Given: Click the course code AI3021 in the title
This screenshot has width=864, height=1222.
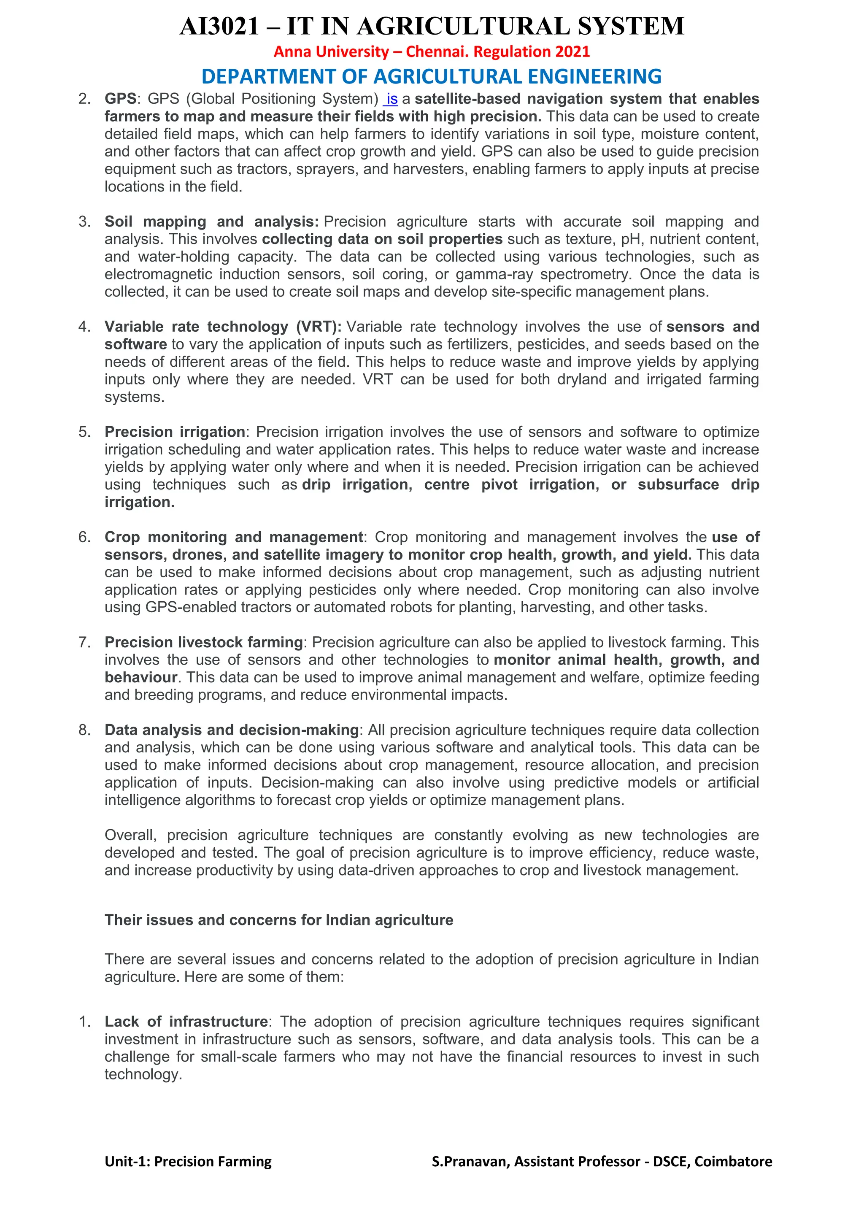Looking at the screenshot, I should click(219, 27).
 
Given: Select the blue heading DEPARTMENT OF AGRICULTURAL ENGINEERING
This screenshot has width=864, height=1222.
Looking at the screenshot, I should click(432, 77).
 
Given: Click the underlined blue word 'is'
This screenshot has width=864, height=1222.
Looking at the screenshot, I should click(392, 99).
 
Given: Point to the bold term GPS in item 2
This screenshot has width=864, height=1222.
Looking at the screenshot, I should click(120, 99).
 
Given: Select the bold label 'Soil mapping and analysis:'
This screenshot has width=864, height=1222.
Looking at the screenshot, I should click(211, 222).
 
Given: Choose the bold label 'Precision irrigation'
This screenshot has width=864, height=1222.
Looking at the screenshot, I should click(175, 432).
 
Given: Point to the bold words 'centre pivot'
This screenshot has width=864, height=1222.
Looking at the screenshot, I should click(470, 484).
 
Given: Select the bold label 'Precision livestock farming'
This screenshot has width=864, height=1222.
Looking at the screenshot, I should click(203, 642).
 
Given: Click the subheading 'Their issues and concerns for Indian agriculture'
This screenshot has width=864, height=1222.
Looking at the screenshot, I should click(279, 920).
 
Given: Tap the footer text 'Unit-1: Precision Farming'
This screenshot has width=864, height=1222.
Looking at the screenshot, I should click(188, 1161).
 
